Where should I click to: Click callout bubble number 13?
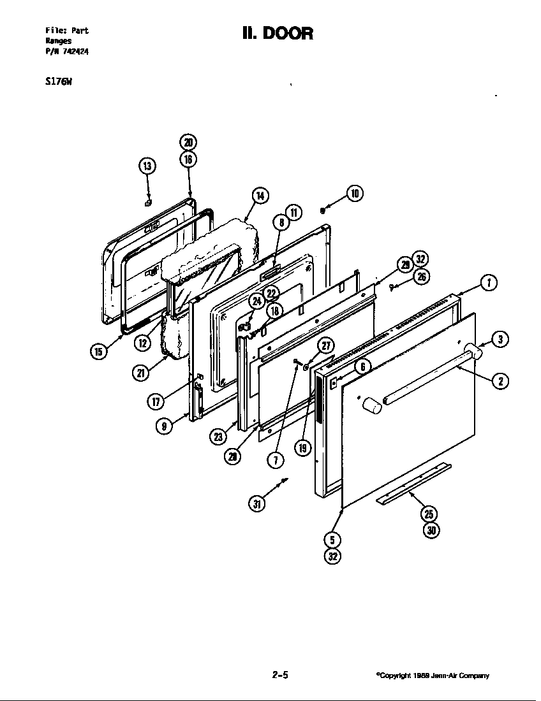click(147, 167)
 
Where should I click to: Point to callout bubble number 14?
click(260, 196)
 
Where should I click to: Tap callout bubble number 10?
click(355, 193)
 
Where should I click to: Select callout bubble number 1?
click(488, 283)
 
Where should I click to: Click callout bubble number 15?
click(98, 351)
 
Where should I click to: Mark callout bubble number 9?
click(165, 426)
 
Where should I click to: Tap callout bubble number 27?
click(326, 346)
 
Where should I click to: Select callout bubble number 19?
click(303, 447)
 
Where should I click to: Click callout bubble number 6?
click(361, 366)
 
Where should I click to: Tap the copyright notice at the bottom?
click(432, 676)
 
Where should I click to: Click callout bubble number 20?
click(188, 143)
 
